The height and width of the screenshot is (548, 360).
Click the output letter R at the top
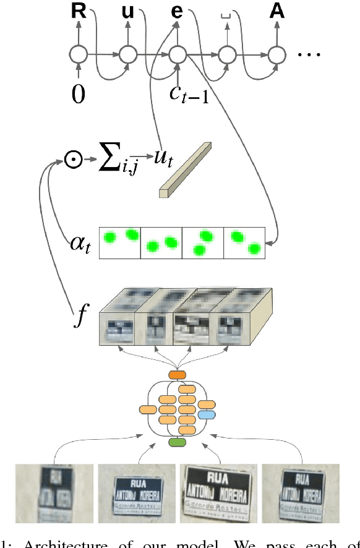click(79, 11)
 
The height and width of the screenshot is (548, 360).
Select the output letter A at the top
click(277, 11)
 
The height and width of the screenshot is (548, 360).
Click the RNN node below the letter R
click(79, 54)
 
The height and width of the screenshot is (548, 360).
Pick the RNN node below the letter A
click(277, 54)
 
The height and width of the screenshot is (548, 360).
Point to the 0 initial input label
click(79, 94)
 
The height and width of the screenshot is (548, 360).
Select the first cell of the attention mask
click(121, 242)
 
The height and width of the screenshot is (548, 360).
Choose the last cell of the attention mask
click(244, 242)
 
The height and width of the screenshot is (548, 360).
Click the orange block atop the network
click(178, 375)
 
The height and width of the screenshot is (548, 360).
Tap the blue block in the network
click(207, 414)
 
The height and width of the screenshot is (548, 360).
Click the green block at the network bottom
click(178, 443)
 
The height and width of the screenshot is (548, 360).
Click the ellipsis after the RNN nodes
click(309, 54)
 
